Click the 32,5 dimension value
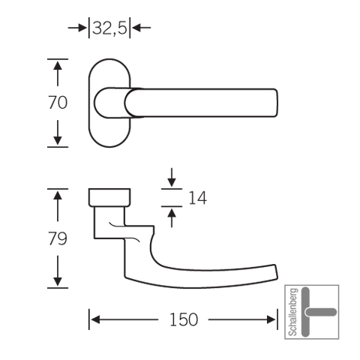(109, 28)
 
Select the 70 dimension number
(58, 103)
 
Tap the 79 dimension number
(58, 238)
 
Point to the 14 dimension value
(197, 198)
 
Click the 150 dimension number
(184, 319)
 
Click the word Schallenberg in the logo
(293, 312)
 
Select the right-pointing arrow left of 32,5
(77, 28)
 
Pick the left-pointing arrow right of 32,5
(141, 28)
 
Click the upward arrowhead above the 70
(58, 65)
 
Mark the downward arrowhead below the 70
(58, 141)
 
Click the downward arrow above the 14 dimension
(172, 178)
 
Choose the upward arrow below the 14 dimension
(172, 218)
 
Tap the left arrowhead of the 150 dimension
(95, 319)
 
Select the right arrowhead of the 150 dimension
(271, 319)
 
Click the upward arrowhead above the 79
(58, 195)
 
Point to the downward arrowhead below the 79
(58, 282)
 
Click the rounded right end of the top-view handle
(275, 103)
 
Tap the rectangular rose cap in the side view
(109, 197)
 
